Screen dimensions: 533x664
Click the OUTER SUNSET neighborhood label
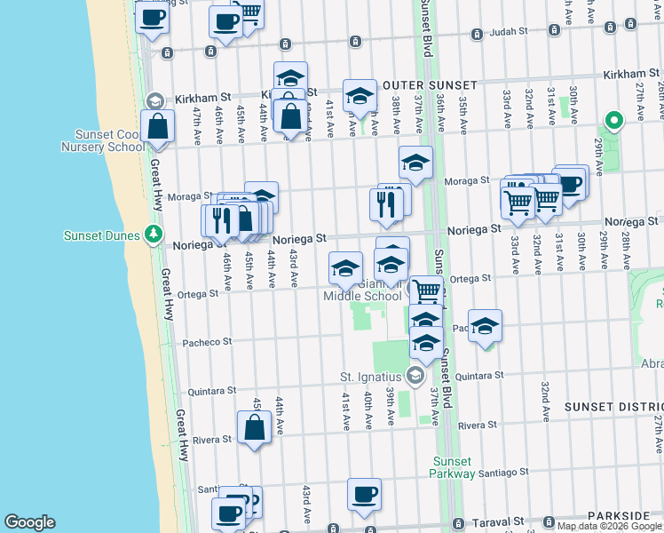coord(430,85)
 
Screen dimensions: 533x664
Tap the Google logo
coord(29,522)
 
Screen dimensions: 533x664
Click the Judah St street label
coord(509,34)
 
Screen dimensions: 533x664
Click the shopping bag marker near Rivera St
coord(254,427)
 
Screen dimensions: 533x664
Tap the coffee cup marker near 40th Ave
coord(364,495)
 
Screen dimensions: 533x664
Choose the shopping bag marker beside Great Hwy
coord(157,126)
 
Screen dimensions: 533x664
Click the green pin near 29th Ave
coord(612,121)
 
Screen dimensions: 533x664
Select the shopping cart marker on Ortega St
coord(427,290)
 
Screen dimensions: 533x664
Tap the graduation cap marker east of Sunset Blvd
coord(485,325)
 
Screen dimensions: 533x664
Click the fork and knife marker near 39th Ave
coord(386,204)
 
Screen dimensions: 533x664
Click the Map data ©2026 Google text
coord(596,526)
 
